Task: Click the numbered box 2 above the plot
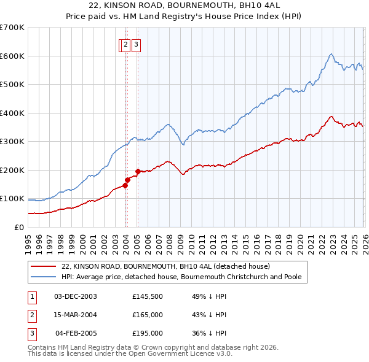pos(125,44)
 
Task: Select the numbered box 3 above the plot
pos(136,44)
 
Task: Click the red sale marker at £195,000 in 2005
pos(138,171)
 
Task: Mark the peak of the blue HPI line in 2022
pos(331,54)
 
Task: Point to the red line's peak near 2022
pos(331,117)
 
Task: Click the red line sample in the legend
pos(43,267)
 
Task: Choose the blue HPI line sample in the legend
pos(43,277)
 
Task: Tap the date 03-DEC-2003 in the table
pos(76,296)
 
